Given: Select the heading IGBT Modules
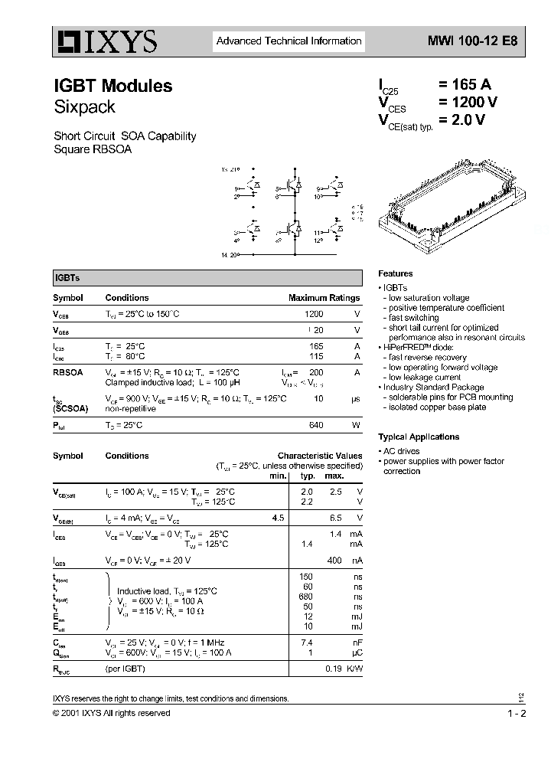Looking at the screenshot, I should [112, 87].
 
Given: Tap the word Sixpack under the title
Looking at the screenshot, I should [84, 107].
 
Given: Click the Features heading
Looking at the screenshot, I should [395, 273].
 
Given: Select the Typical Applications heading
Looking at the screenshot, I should [419, 437].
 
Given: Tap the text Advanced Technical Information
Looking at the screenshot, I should [289, 41].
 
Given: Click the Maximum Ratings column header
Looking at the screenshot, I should [324, 298].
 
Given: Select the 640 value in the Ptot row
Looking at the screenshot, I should [315, 425].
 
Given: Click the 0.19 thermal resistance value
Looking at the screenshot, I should [334, 669].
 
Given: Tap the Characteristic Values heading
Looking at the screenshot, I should [320, 456].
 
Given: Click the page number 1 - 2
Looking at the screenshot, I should [517, 713].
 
